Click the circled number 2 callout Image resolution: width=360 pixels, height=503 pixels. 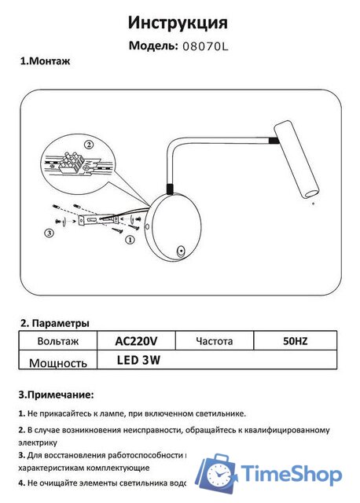[88, 145]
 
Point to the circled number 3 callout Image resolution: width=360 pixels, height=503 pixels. [49, 233]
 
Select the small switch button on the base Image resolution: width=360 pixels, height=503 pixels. [182, 251]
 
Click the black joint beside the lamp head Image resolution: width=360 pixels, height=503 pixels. [272, 141]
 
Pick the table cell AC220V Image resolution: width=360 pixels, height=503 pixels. [136, 341]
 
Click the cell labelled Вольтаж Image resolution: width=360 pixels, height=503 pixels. [57, 341]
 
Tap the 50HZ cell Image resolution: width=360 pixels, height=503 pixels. [295, 341]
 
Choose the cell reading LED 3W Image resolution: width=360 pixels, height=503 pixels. [138, 361]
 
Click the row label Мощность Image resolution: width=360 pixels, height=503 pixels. [57, 362]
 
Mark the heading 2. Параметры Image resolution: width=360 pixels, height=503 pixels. [54, 323]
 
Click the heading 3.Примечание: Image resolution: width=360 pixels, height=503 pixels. [55, 394]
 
